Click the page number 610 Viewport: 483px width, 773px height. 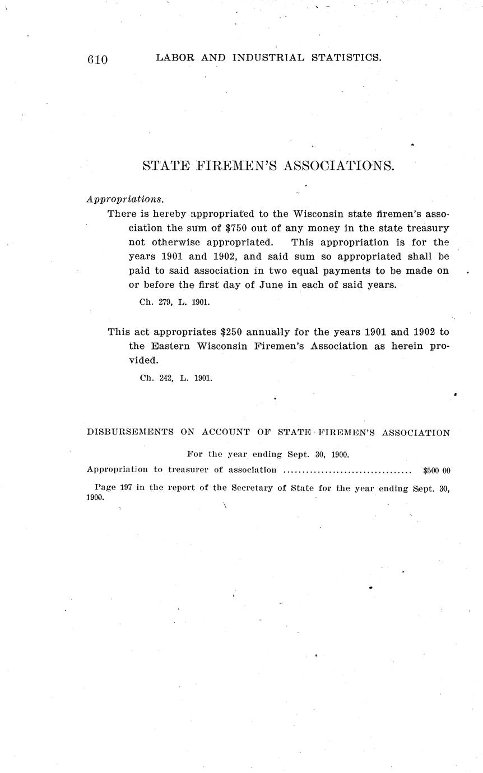click(x=97, y=59)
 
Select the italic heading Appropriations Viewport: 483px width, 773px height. click(x=126, y=199)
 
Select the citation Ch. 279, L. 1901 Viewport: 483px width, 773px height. click(x=174, y=302)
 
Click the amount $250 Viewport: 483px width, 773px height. click(x=234, y=332)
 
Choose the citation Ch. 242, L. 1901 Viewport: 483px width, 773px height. click(x=176, y=378)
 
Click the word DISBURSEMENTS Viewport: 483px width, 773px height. click(x=129, y=432)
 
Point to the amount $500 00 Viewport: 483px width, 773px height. click(x=436, y=471)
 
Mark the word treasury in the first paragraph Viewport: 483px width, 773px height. click(x=426, y=228)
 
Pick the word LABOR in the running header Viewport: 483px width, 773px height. click(x=173, y=57)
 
